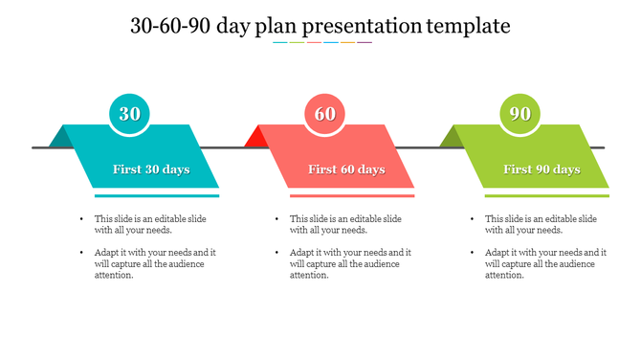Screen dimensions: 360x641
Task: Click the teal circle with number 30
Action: point(129,114)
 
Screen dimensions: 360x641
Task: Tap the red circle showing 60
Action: point(325,114)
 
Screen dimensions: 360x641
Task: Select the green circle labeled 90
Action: point(520,114)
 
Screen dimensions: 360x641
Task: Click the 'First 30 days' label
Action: point(151,169)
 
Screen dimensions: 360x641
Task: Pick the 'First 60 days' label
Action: point(346,169)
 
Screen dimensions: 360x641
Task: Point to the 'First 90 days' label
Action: point(542,169)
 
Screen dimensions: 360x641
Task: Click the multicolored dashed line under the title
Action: point(321,42)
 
